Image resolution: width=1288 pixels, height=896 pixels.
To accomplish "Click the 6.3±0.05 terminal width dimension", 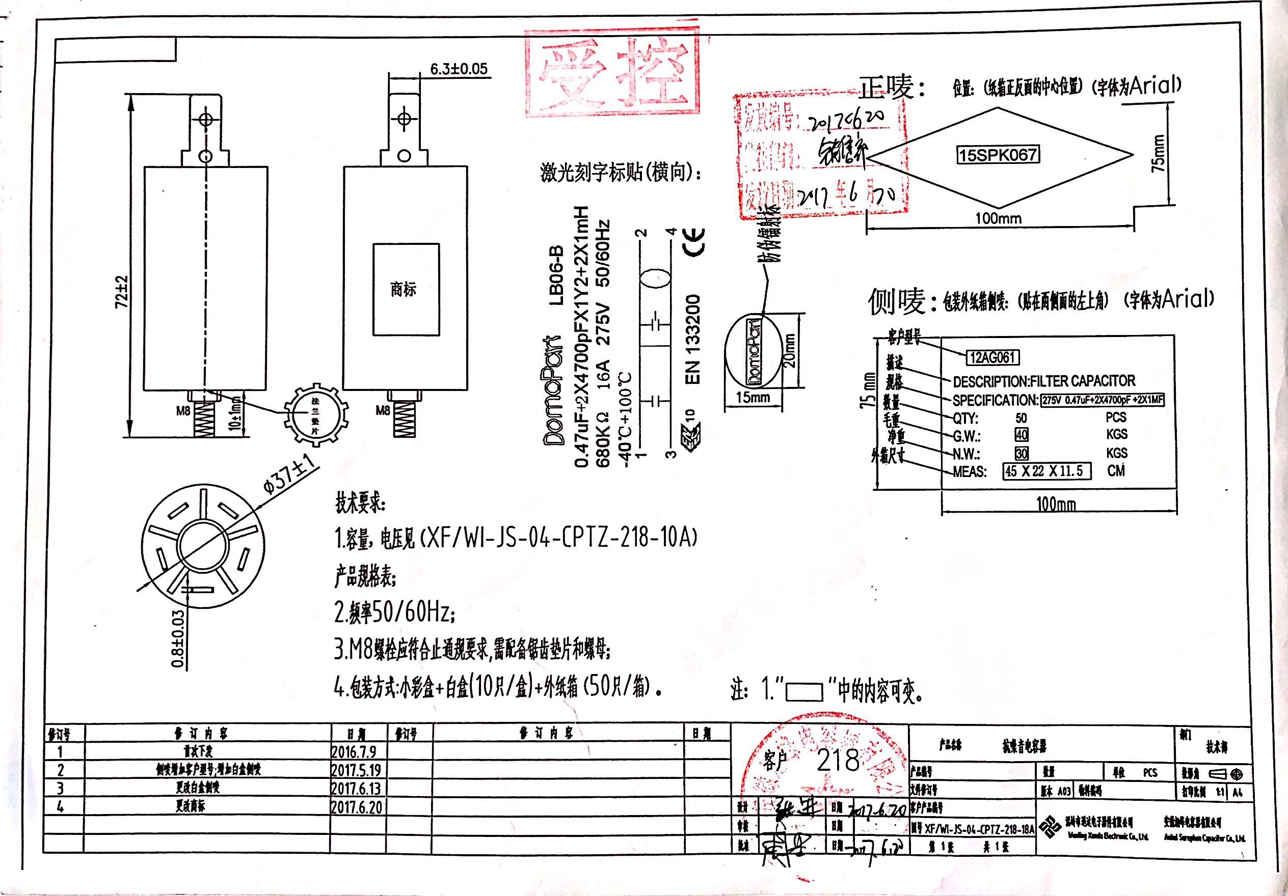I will click(x=459, y=69).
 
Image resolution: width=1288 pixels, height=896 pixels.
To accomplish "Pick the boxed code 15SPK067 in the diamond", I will click(x=998, y=155).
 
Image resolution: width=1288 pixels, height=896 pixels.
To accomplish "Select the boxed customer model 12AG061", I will click(x=992, y=357).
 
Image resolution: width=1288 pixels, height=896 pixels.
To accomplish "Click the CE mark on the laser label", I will click(x=693, y=242).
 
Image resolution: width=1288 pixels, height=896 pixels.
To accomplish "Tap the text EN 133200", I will click(x=693, y=339).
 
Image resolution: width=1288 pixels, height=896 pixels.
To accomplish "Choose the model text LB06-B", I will click(x=555, y=275).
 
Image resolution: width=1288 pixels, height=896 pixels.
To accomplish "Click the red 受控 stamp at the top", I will click(x=612, y=73).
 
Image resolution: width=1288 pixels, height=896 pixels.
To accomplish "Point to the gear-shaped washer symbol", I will click(x=316, y=415).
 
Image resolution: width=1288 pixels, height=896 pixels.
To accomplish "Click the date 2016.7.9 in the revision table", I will click(x=354, y=751).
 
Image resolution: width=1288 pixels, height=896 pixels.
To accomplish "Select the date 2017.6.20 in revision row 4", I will click(x=356, y=807).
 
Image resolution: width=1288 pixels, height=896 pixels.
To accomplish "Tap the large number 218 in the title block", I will click(x=838, y=760).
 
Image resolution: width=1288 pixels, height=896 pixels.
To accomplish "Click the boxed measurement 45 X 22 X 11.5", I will click(x=1047, y=471).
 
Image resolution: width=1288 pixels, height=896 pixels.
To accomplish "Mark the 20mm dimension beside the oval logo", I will click(x=789, y=350).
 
